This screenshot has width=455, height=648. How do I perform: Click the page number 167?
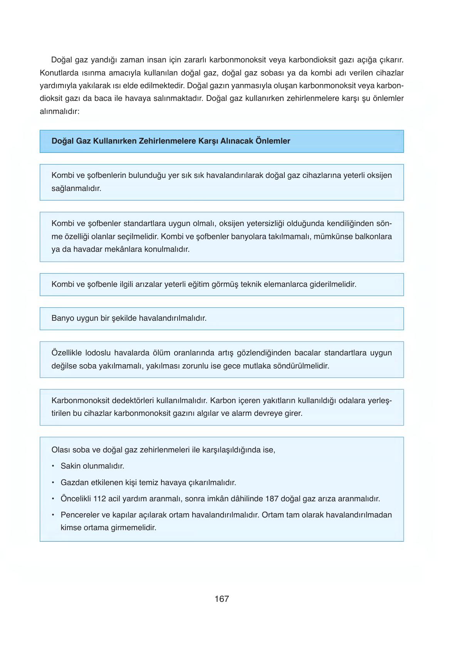[222, 599]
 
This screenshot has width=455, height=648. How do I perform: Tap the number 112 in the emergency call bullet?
[99, 499]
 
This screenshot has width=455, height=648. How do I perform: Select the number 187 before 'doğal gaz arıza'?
[272, 499]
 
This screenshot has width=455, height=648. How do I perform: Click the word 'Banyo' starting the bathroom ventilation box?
[62, 318]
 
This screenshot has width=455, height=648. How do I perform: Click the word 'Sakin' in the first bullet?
[71, 466]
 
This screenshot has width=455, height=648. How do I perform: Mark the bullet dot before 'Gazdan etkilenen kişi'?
[53, 482]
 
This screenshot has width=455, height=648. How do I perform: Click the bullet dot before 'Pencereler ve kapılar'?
[53, 515]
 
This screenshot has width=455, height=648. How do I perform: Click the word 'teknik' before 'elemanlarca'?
[251, 285]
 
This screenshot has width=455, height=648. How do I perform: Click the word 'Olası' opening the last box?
[60, 450]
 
